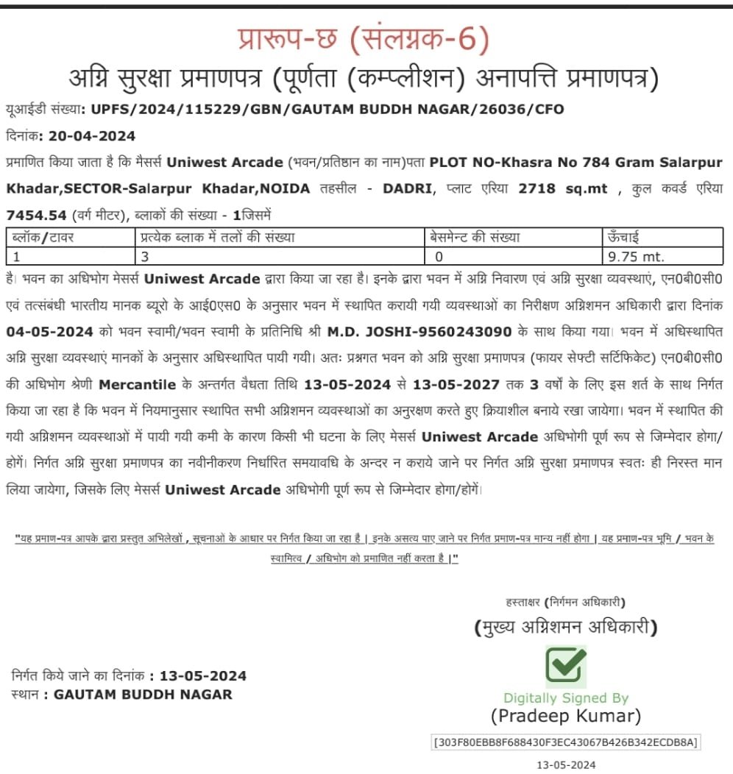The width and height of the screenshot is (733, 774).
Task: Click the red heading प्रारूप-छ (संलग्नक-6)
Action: click(x=364, y=40)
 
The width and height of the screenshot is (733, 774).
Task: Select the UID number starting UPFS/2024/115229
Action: click(x=327, y=110)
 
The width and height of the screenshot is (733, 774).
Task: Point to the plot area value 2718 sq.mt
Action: click(x=563, y=188)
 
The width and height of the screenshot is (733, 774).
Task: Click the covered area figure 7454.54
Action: click(x=36, y=216)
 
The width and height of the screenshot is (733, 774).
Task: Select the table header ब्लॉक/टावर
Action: click(x=40, y=237)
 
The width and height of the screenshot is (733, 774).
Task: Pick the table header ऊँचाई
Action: click(x=623, y=237)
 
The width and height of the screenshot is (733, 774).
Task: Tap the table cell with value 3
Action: click(x=144, y=257)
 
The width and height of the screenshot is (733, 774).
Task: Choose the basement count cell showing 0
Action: click(x=439, y=257)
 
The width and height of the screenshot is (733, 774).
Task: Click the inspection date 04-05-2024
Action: click(x=49, y=332)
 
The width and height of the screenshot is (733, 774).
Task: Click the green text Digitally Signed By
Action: click(x=565, y=697)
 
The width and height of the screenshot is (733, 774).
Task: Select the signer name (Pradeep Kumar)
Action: click(x=565, y=716)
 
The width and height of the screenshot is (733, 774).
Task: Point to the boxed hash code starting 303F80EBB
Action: click(x=565, y=742)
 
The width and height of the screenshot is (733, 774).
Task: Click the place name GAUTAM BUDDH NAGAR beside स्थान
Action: click(x=143, y=694)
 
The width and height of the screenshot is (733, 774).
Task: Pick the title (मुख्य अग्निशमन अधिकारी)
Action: click(x=565, y=628)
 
